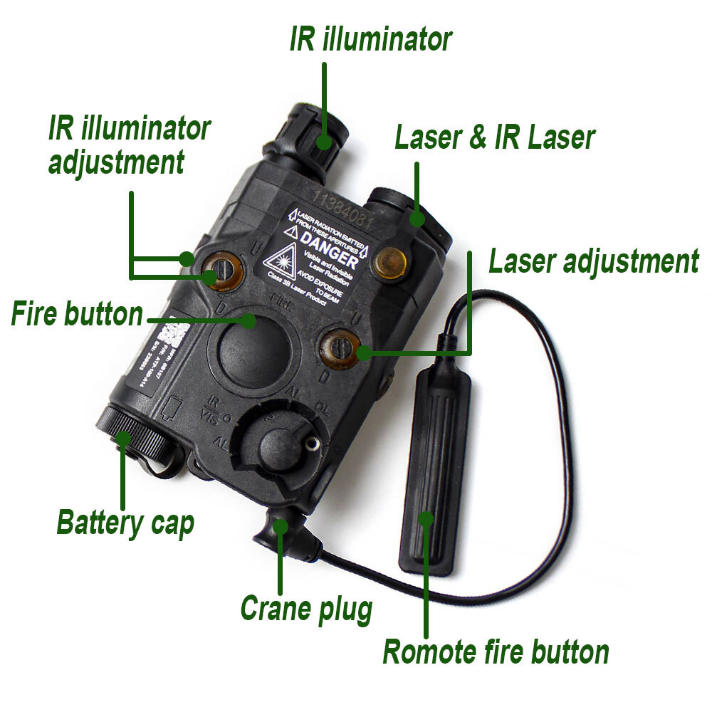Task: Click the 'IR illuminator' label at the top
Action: pyautogui.click(x=370, y=40)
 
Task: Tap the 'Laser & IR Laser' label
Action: pyautogui.click(x=494, y=137)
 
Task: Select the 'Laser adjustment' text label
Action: pyautogui.click(x=593, y=262)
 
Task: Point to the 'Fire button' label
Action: pyautogui.click(x=77, y=314)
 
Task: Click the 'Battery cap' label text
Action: pyautogui.click(x=125, y=523)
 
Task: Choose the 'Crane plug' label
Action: pyautogui.click(x=306, y=609)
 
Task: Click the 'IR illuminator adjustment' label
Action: pyautogui.click(x=128, y=145)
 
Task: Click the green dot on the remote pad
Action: pyautogui.click(x=426, y=518)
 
